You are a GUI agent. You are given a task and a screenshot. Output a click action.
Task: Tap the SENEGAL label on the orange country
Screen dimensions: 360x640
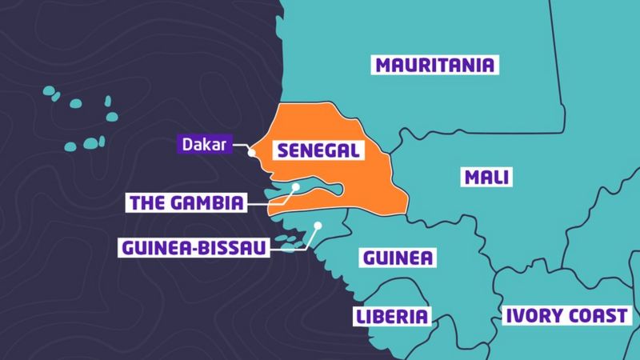point(313,150)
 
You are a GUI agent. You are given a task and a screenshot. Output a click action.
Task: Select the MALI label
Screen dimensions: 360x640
point(486,177)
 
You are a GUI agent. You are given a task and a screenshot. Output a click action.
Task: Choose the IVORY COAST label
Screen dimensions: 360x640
point(563,316)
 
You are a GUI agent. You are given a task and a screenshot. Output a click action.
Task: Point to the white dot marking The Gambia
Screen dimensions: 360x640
point(296,188)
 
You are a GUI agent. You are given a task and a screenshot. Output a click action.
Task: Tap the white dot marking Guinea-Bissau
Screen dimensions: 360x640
point(318,226)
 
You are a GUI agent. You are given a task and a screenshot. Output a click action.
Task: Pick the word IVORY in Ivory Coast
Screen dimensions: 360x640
point(530,316)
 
